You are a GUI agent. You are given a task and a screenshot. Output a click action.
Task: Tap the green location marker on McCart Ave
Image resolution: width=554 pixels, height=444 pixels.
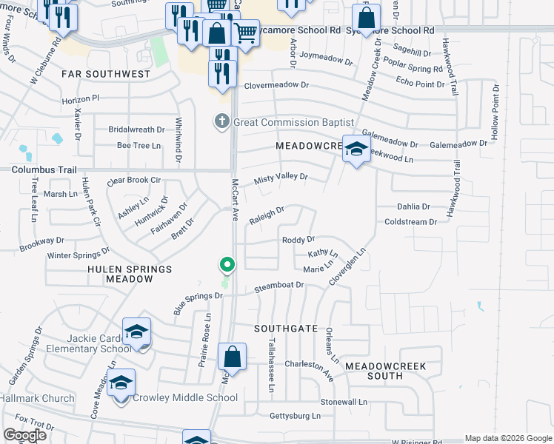[227, 263]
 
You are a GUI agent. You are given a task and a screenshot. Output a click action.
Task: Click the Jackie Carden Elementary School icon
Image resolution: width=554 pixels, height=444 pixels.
[136, 333]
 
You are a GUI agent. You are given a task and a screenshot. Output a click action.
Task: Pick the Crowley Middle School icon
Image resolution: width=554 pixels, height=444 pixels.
[121, 384]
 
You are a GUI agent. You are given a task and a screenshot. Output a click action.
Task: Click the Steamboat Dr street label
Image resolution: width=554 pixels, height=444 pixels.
[279, 285]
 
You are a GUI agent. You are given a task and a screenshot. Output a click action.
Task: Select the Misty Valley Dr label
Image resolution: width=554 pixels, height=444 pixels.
[280, 178]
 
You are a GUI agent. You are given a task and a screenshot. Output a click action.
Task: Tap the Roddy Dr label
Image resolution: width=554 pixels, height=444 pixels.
[298, 240]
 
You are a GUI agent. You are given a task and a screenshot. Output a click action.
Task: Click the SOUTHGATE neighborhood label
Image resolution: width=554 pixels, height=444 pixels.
[286, 328]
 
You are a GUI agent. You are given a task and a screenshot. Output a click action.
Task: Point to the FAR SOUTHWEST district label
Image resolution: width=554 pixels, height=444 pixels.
[106, 74]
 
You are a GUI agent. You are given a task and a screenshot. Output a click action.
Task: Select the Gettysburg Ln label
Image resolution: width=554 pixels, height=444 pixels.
[295, 416]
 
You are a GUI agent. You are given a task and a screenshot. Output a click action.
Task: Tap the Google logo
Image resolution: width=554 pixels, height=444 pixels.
[25, 435]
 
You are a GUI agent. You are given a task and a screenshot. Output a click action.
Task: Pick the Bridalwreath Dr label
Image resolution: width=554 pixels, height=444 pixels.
[135, 129]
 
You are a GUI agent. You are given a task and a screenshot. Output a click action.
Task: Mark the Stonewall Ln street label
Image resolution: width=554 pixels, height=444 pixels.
[344, 402]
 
